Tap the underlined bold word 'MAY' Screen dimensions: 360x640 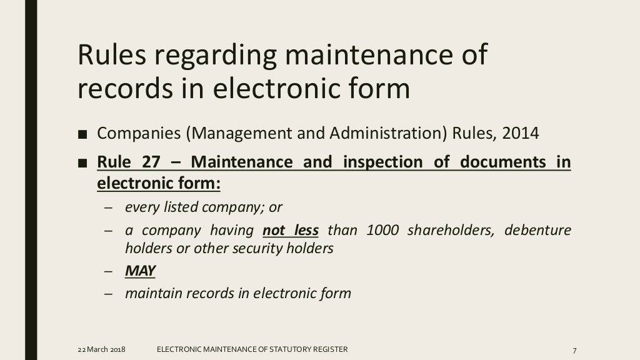(x=140, y=271)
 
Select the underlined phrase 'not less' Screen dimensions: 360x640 (x=291, y=230)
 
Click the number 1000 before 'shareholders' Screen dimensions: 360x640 (x=382, y=230)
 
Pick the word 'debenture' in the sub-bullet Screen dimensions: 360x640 (x=537, y=230)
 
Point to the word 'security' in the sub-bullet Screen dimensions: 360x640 (x=266, y=248)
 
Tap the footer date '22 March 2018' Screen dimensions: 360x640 (x=101, y=349)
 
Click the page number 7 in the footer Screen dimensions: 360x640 (x=573, y=349)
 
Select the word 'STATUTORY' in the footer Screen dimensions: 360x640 (x=288, y=349)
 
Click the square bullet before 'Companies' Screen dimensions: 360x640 (x=83, y=134)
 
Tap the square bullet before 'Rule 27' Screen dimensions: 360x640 (x=83, y=163)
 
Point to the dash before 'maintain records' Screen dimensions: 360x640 (x=108, y=293)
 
